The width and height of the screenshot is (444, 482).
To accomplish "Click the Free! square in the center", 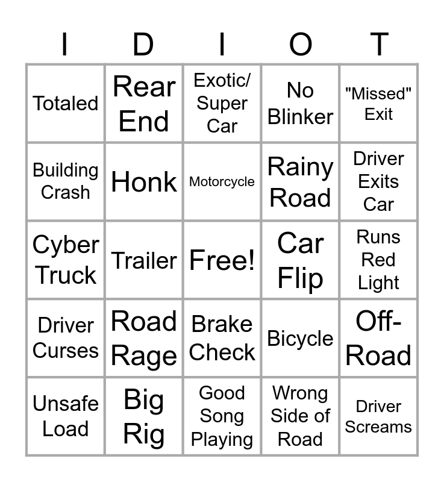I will (222, 260).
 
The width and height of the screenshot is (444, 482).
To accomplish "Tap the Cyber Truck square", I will (66, 260).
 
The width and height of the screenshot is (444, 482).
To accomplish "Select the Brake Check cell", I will (222, 338).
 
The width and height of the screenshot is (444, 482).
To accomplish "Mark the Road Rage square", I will (144, 338).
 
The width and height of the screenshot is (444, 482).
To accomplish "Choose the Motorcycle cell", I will (222, 182).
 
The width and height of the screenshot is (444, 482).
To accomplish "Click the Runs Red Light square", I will (378, 260).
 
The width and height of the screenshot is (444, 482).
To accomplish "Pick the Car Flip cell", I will (300, 260).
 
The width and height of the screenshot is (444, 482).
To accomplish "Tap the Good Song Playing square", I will (222, 416).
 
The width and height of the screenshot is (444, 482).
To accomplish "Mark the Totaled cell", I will (66, 104).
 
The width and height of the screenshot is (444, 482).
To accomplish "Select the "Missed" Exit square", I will (378, 104).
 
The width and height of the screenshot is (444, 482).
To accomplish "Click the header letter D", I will (143, 45).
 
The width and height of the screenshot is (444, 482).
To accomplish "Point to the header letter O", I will (301, 45).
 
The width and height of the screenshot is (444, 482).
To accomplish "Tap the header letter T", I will (379, 45).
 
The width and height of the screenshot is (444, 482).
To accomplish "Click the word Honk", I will (144, 182).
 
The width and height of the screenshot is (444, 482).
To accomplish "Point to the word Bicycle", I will (300, 339).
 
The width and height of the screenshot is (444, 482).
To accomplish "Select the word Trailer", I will (144, 261).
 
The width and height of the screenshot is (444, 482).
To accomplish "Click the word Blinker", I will (300, 117).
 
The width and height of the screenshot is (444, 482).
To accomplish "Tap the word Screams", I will (378, 427).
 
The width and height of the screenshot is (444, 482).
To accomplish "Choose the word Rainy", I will (300, 167).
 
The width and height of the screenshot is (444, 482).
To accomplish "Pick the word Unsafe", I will (66, 403).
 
